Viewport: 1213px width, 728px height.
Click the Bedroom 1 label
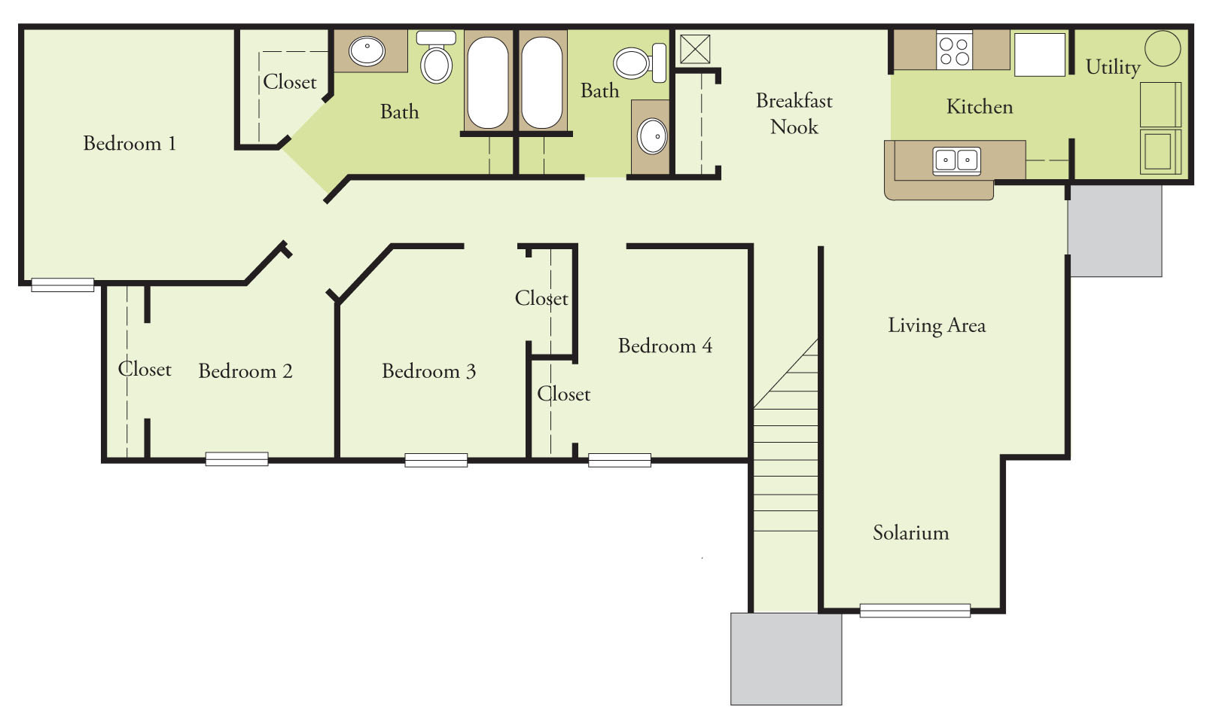(x=130, y=143)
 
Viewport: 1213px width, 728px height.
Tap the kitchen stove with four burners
(x=954, y=50)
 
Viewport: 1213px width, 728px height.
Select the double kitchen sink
(x=956, y=160)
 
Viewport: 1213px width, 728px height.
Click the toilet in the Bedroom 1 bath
(x=436, y=59)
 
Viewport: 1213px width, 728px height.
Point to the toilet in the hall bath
(x=639, y=62)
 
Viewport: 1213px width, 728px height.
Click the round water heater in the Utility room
(x=1163, y=49)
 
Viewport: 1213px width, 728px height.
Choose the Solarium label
(x=910, y=533)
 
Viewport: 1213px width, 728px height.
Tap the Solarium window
(x=915, y=611)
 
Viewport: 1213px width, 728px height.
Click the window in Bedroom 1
(x=62, y=285)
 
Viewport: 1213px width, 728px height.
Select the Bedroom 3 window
(x=436, y=460)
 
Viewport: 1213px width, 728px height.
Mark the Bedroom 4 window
(x=619, y=460)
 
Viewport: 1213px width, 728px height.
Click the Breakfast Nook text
(x=794, y=114)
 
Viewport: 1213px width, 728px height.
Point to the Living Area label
(x=936, y=325)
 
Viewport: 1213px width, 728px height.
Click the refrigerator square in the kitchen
(x=1040, y=54)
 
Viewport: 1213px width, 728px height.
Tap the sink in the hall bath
(x=652, y=136)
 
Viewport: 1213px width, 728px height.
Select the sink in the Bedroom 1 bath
(x=367, y=51)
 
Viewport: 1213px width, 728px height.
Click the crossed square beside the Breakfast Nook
(x=695, y=49)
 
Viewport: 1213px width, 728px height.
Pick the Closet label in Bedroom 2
(x=145, y=370)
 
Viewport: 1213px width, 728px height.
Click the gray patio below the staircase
(x=786, y=659)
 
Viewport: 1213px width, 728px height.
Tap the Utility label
(x=1112, y=67)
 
